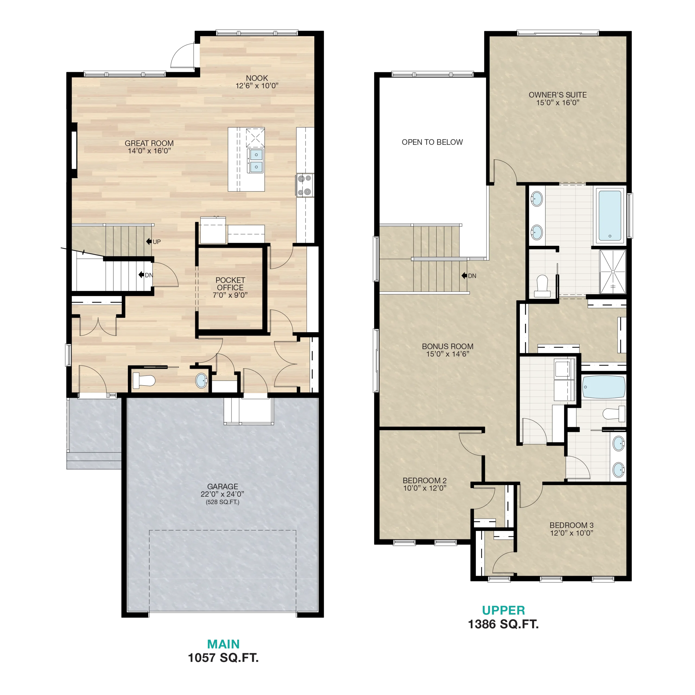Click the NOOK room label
257,78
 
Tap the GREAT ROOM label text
149,143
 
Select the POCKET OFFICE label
230,283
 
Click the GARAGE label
222,486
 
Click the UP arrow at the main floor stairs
149,241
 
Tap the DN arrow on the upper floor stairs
464,276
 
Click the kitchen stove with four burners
305,185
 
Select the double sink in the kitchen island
256,161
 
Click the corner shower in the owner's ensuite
613,271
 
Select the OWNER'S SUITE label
558,95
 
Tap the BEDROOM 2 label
425,481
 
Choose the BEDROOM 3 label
572,525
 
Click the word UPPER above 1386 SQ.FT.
503,611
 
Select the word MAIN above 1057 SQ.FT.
223,644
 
